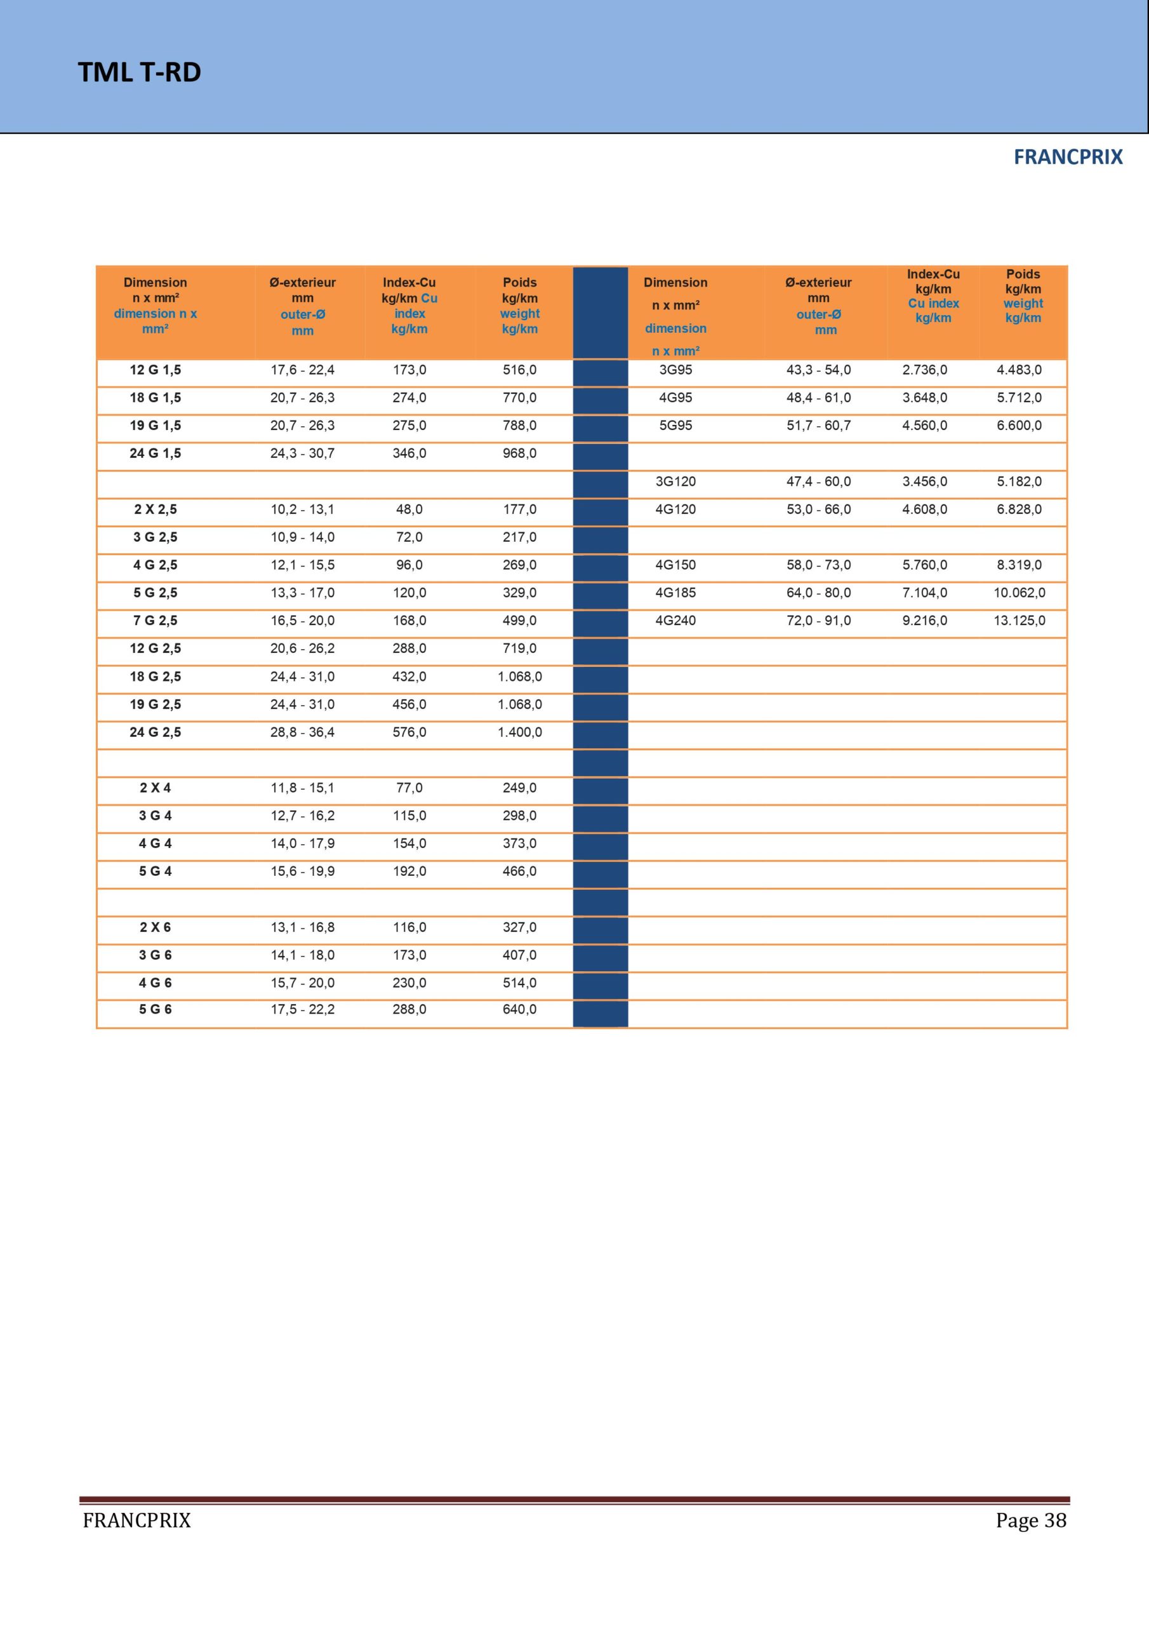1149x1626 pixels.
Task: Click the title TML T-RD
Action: coord(140,72)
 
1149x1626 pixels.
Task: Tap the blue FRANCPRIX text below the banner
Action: coord(1068,158)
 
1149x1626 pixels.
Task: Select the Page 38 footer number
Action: coord(1030,1520)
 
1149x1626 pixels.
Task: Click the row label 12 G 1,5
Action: coord(155,370)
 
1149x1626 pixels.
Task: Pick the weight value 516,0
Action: coord(520,370)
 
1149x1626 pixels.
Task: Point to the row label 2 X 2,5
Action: coord(155,509)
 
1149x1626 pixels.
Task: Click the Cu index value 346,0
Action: coord(409,454)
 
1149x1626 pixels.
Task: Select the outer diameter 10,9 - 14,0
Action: coord(302,537)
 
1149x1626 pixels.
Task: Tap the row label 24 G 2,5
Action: coord(155,732)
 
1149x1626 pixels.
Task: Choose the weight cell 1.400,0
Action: coord(520,732)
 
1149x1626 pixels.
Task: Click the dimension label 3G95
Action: coord(675,370)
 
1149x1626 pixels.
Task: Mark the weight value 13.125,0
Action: coord(1019,621)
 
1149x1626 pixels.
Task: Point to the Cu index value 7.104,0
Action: coord(924,593)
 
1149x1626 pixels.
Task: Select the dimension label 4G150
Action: coord(675,565)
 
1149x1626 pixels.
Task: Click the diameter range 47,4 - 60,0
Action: coord(818,481)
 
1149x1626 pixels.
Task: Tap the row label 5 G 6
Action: coord(155,1009)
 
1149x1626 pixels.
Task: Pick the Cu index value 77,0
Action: coord(409,788)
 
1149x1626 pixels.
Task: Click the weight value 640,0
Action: coord(520,1009)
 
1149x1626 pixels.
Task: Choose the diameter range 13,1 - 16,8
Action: coord(302,927)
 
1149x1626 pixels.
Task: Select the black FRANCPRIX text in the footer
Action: coord(136,1521)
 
